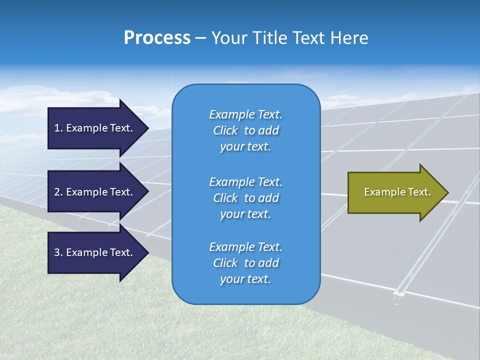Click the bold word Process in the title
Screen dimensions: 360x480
tap(157, 38)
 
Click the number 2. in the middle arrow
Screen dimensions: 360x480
tap(58, 192)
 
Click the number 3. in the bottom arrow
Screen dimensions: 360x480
tap(58, 252)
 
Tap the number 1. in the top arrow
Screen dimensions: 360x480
tap(58, 128)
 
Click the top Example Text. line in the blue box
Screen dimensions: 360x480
tap(245, 114)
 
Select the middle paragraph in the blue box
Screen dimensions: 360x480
tap(245, 198)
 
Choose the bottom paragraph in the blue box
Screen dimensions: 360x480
tap(245, 263)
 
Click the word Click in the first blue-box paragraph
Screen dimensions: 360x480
tap(225, 130)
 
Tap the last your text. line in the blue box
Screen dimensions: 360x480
tap(245, 279)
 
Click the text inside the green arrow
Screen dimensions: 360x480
tap(397, 192)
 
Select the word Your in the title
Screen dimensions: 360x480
tap(230, 38)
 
